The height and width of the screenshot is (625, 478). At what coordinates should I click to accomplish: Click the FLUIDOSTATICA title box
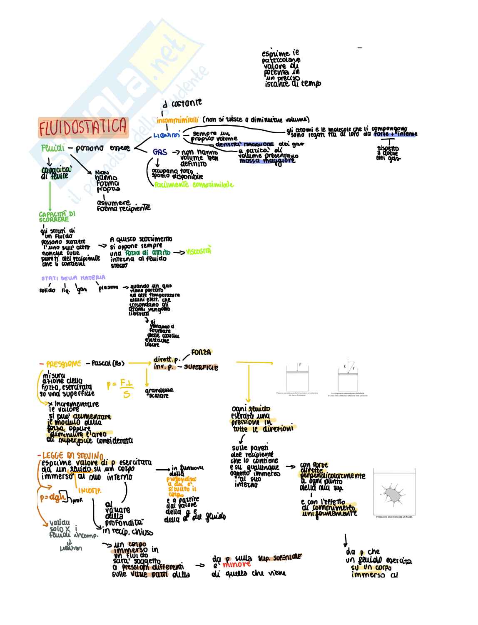[83, 127]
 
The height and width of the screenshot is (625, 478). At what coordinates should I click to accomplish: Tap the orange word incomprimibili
[178, 120]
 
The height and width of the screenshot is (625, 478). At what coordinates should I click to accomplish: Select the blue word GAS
[160, 152]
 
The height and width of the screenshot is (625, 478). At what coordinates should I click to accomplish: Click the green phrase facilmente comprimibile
[194, 185]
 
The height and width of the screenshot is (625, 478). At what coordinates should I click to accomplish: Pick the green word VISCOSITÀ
[199, 251]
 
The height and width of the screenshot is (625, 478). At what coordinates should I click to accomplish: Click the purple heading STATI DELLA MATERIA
[73, 278]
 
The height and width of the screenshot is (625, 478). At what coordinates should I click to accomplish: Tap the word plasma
[108, 287]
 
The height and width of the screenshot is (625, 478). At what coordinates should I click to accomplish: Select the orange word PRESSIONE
[63, 364]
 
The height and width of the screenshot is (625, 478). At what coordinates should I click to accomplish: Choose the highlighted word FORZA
[201, 352]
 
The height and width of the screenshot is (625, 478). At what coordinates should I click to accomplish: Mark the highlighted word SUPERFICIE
[201, 367]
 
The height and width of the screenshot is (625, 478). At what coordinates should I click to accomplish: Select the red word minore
[237, 564]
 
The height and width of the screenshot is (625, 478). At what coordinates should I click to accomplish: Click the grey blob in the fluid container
[392, 494]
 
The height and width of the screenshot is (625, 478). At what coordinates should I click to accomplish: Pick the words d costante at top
[182, 102]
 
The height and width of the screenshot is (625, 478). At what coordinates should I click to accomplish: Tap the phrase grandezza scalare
[159, 393]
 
